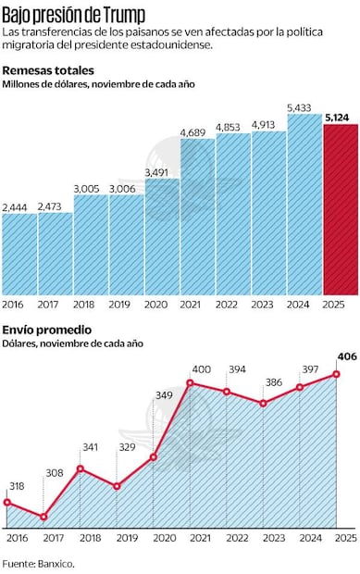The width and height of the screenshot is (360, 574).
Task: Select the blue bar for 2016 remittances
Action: [x=19, y=255]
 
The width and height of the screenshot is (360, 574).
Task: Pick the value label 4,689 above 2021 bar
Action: [x=196, y=132]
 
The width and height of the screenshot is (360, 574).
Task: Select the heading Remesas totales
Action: [x=47, y=70]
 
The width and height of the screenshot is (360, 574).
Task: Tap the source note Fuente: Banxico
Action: [x=38, y=562]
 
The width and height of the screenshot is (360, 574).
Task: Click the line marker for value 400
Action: [x=190, y=382]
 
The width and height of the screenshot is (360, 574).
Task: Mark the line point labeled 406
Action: [x=338, y=374]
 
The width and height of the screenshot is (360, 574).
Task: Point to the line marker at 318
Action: [x=7, y=503]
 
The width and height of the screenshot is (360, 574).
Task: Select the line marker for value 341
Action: [x=81, y=468]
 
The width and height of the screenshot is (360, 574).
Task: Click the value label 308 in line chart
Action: [x=55, y=473]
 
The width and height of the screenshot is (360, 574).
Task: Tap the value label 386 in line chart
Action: [x=272, y=381]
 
